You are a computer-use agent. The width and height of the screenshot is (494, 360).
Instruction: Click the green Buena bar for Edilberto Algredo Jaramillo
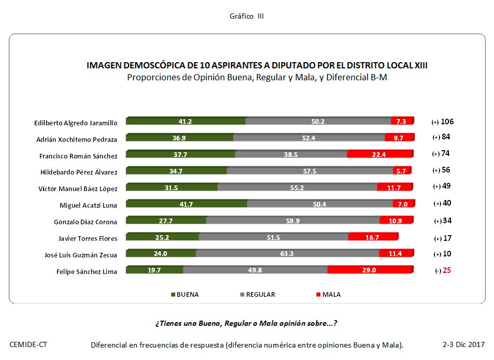186,121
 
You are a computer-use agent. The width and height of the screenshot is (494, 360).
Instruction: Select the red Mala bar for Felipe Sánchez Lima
370,270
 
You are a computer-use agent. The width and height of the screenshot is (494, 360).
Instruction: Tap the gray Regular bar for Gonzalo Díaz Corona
293,220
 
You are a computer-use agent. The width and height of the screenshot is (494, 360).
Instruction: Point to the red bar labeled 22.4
380,154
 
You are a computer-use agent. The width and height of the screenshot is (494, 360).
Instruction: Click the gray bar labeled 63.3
287,253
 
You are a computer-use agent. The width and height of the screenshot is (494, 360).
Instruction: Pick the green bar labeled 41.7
187,204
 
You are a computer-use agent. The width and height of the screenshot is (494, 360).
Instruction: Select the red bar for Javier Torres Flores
373,237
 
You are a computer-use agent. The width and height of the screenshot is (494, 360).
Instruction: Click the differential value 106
447,122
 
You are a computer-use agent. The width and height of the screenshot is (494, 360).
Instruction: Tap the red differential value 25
446,270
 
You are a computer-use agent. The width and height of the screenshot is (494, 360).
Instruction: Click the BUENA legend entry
185,295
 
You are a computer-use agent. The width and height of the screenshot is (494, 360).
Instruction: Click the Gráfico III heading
247,17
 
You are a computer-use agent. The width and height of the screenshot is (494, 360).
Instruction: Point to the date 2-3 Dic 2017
463,344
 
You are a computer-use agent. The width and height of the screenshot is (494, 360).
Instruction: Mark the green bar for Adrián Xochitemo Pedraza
180,138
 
